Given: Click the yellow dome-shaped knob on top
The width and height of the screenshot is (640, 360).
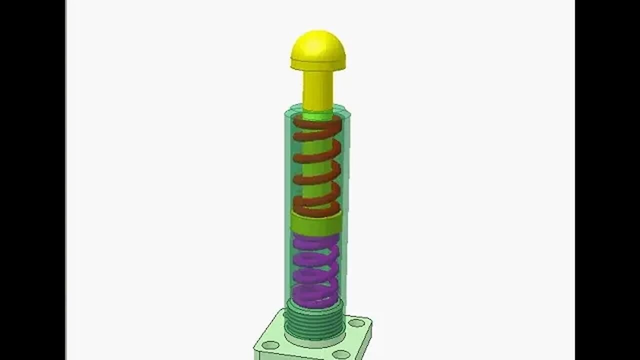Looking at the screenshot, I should click(x=318, y=45).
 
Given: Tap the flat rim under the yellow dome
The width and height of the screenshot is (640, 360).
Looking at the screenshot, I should click(x=318, y=64).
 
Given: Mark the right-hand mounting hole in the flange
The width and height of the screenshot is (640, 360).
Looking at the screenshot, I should click(x=356, y=323).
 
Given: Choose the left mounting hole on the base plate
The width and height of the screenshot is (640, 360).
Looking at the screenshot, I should click(x=270, y=345).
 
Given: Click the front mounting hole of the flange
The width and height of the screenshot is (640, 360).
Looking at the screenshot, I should click(x=341, y=354).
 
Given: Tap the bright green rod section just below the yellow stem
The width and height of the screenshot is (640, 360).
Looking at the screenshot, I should click(x=318, y=116).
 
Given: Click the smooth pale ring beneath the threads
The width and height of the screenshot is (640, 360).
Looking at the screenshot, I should click(x=314, y=342).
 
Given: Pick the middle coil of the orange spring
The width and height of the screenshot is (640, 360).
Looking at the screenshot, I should click(x=317, y=165).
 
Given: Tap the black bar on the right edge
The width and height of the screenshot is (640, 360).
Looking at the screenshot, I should click(x=607, y=180).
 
